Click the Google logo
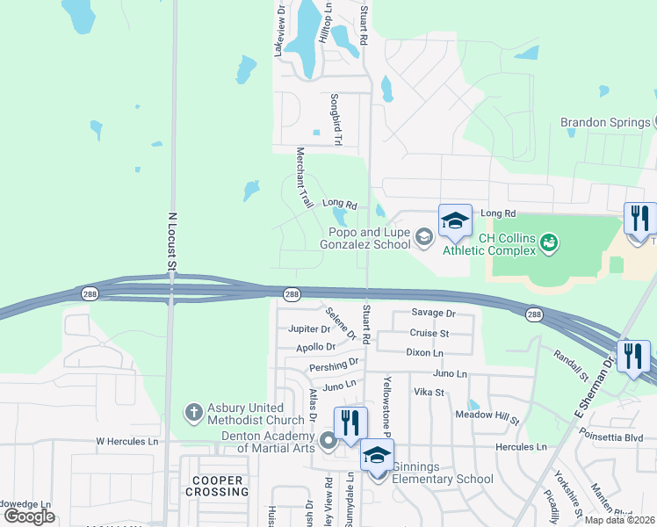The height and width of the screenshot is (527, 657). [30, 516]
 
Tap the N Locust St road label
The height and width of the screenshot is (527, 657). [172, 241]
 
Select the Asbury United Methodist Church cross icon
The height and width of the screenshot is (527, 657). [193, 411]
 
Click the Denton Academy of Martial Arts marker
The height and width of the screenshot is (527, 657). [328, 439]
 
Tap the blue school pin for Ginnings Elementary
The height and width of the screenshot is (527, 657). [378, 458]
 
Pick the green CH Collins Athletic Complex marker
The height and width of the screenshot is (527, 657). [550, 241]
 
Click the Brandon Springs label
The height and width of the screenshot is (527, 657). [605, 122]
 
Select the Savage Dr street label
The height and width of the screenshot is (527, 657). [434, 314]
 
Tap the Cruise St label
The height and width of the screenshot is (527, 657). [430, 333]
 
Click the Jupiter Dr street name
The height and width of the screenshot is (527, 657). [309, 329]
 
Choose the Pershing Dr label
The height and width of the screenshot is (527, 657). [334, 363]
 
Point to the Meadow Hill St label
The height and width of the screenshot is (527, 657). [487, 414]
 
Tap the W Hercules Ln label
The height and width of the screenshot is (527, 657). [127, 441]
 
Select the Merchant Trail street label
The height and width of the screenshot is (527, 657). [304, 177]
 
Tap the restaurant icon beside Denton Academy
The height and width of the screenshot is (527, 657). [350, 421]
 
